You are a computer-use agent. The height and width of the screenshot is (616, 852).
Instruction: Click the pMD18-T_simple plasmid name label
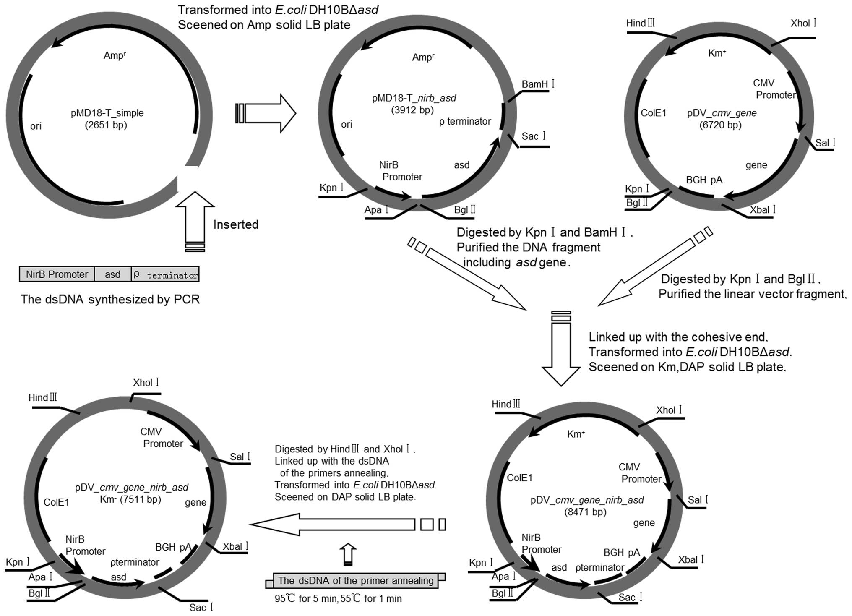(x=107, y=113)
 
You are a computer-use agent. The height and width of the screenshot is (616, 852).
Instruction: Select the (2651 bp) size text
(x=106, y=125)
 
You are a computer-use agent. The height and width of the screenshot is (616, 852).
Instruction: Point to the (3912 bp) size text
(x=412, y=110)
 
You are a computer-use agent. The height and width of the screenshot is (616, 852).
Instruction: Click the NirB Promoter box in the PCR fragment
(x=57, y=274)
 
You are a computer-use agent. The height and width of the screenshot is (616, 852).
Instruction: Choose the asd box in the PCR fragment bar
(x=112, y=274)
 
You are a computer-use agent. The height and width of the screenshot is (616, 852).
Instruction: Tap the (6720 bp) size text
(x=720, y=125)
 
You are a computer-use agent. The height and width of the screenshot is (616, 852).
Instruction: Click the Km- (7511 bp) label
(x=130, y=499)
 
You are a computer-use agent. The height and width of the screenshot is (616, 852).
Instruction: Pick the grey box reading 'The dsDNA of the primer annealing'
(x=355, y=581)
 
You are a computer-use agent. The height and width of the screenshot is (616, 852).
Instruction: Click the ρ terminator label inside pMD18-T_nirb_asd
(x=465, y=122)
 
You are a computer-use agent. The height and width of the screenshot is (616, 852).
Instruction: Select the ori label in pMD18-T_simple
(x=36, y=126)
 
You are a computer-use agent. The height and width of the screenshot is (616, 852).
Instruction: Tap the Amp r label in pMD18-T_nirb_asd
(x=423, y=57)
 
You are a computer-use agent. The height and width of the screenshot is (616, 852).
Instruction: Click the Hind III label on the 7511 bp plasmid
(x=42, y=397)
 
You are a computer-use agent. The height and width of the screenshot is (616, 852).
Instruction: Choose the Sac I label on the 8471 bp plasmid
(x=630, y=597)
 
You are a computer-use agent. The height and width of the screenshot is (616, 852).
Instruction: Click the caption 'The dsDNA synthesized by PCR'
(x=110, y=299)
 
